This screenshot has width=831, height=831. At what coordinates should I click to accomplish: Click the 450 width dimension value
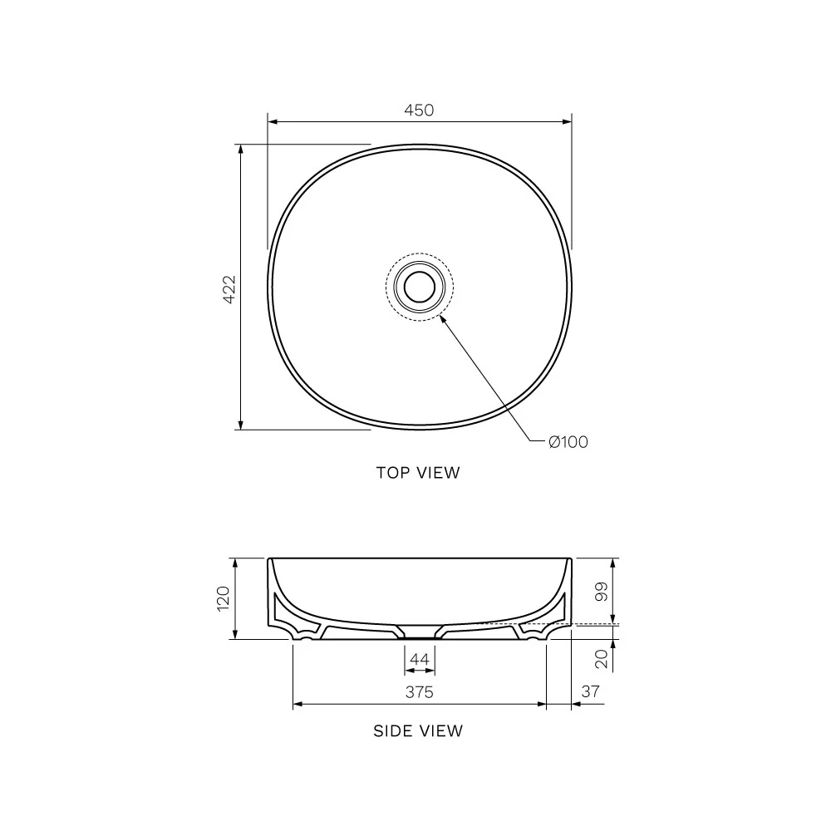[x=420, y=110]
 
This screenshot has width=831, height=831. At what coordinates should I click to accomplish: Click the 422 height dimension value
[x=230, y=288]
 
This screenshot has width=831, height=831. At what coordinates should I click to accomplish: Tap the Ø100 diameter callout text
[x=568, y=442]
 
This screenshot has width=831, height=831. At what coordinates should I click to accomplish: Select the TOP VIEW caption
[x=418, y=473]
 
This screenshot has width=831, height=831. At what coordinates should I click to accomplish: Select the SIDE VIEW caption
[x=418, y=731]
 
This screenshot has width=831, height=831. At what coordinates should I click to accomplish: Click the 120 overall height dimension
[x=223, y=598]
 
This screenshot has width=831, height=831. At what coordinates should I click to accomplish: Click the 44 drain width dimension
[x=420, y=660]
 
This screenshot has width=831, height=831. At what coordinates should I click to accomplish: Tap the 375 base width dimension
[x=420, y=692]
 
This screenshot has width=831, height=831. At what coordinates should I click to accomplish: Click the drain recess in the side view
[x=420, y=632]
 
